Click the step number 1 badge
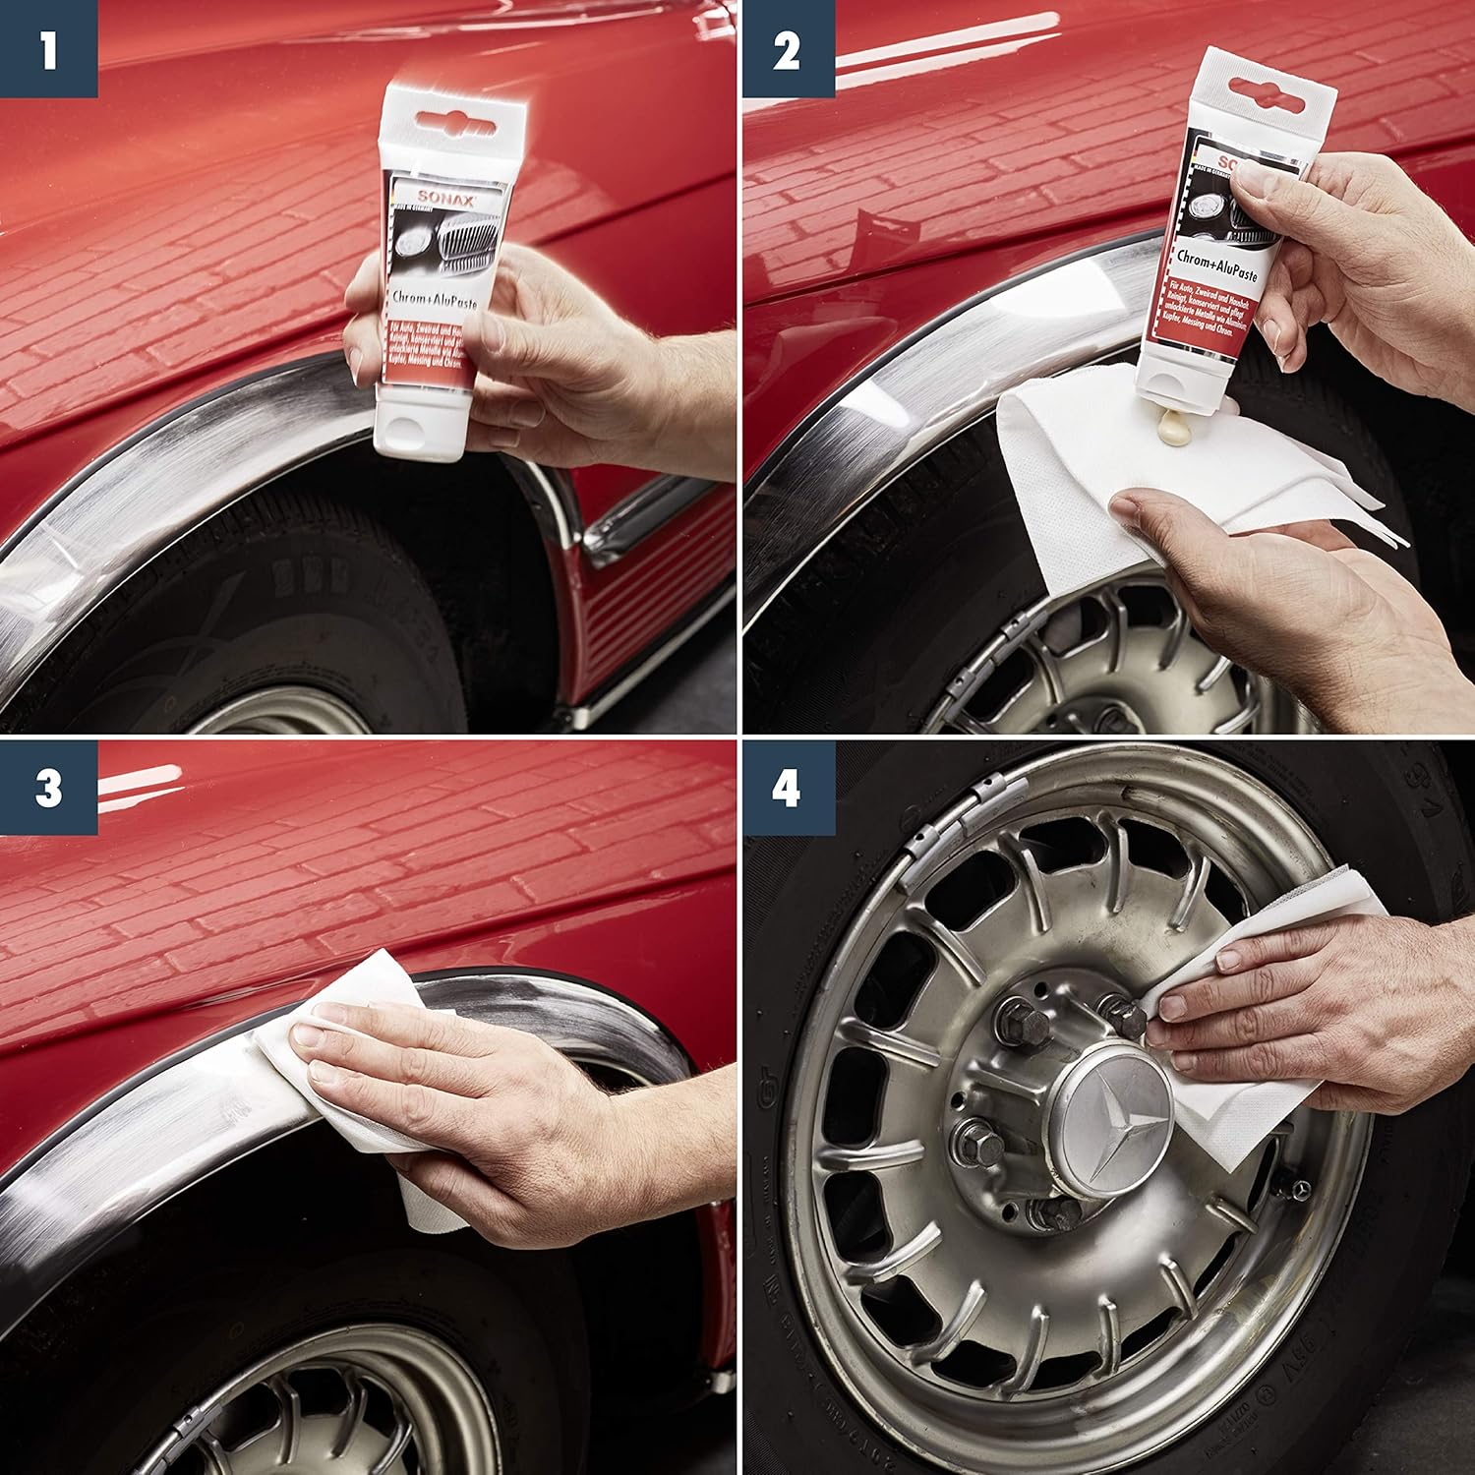[x=48, y=48]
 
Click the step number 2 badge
[x=786, y=48]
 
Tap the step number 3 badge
[x=48, y=788]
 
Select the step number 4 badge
[x=786, y=788]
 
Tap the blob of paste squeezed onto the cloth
[x=1171, y=429]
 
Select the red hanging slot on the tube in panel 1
[x=458, y=122]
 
